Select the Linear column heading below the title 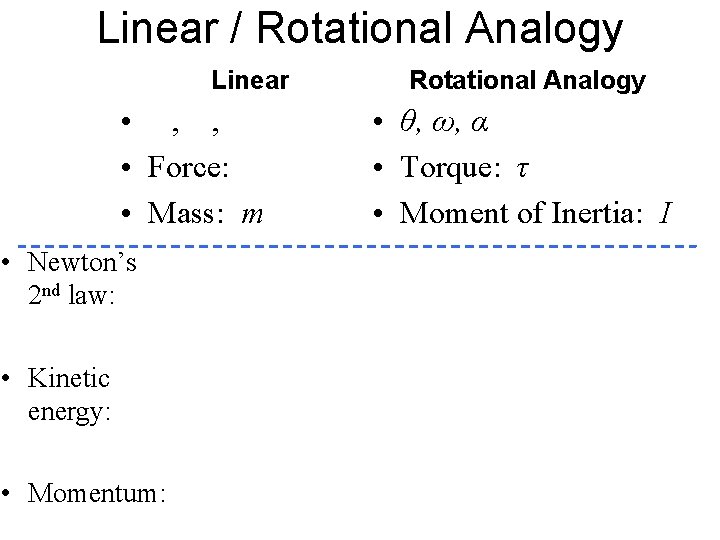[x=250, y=80]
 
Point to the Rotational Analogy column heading [x=528, y=80]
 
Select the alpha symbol [x=478, y=124]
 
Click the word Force [x=189, y=168]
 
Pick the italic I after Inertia [x=665, y=212]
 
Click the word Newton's [x=83, y=263]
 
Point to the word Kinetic [x=69, y=378]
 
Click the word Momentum [x=97, y=493]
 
